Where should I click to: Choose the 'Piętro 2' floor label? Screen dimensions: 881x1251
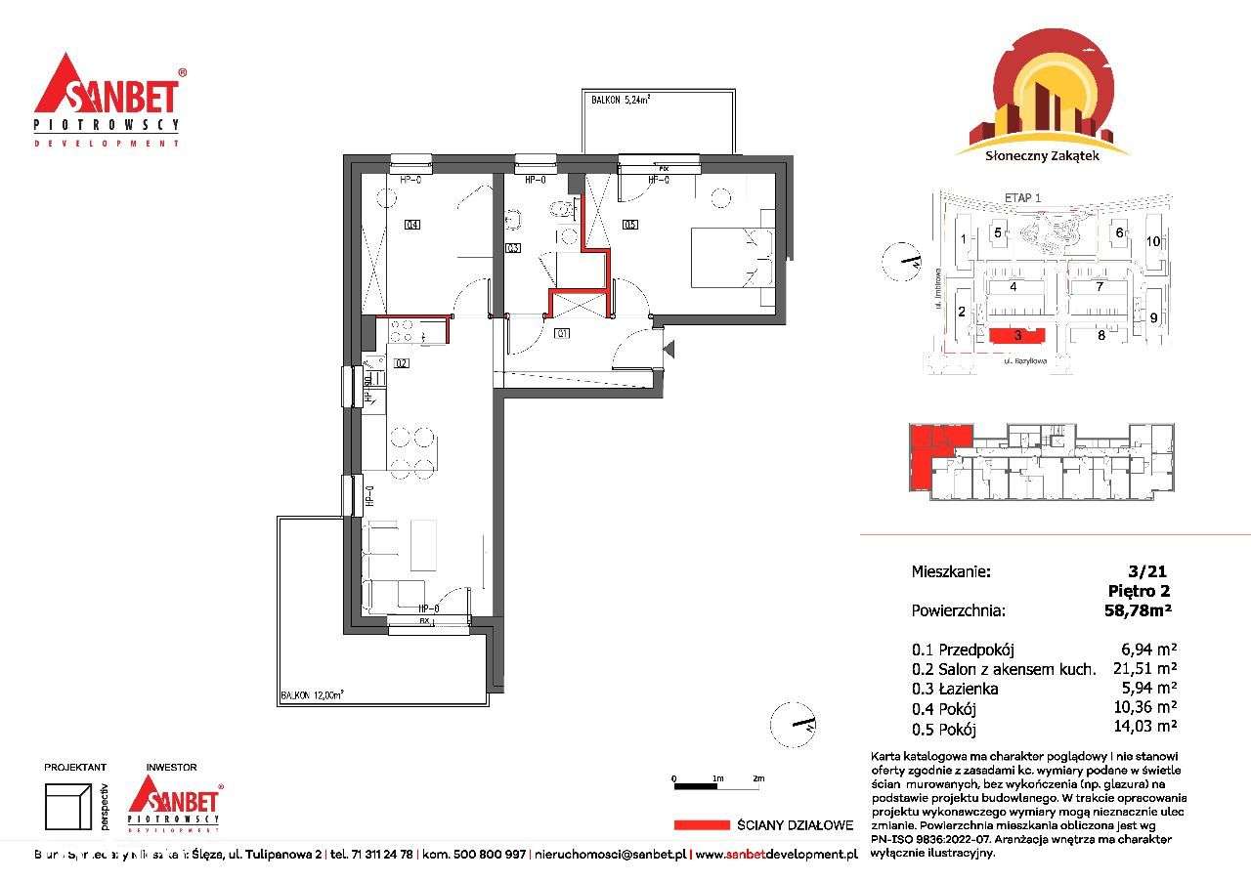[x=1139, y=590]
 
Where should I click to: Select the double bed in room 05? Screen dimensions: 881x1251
[x=732, y=258]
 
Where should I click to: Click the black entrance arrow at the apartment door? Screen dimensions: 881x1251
[x=669, y=347]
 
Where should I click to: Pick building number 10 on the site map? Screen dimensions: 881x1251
[x=1153, y=240]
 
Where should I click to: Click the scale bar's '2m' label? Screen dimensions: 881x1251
[x=758, y=777]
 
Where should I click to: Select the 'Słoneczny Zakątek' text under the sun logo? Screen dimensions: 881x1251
[x=1044, y=165]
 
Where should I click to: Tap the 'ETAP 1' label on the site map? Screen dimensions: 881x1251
[x=1023, y=198]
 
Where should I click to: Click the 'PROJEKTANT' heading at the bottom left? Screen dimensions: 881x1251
[x=76, y=768]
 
